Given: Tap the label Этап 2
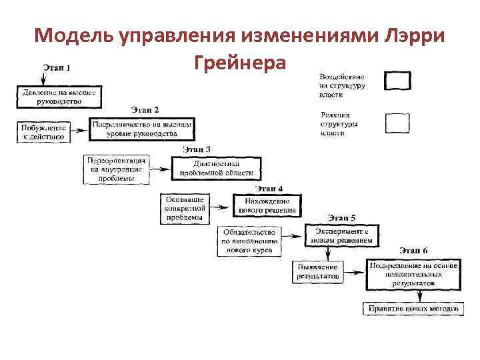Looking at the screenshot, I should [145, 109].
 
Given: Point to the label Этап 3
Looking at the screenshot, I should [197, 149].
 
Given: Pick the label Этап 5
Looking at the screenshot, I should [341, 217].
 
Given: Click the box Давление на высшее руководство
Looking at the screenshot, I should [59, 97].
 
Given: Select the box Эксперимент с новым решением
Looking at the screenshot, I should [342, 235].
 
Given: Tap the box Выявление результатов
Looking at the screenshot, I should [319, 271].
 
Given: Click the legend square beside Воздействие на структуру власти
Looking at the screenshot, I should [398, 81].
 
